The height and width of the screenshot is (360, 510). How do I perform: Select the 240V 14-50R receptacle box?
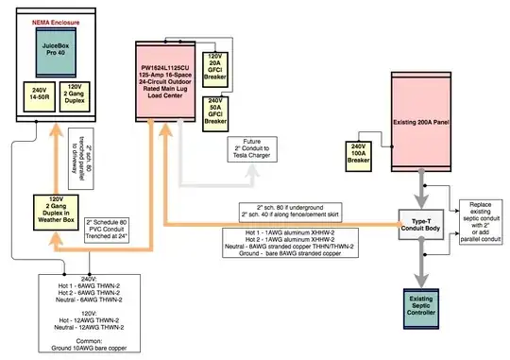38,95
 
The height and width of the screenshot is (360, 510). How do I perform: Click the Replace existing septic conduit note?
484,218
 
